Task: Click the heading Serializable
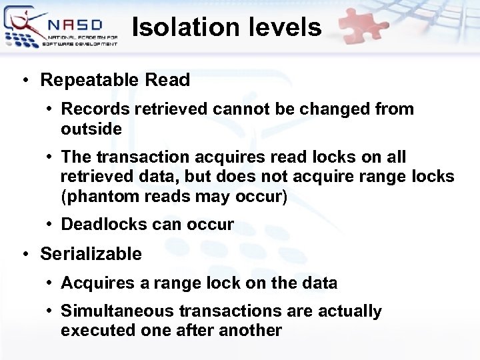[x=91, y=253]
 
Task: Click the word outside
[x=91, y=129]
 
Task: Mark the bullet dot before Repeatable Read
[x=24, y=81]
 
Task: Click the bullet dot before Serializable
[x=24, y=254]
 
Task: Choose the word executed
[x=89, y=330]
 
